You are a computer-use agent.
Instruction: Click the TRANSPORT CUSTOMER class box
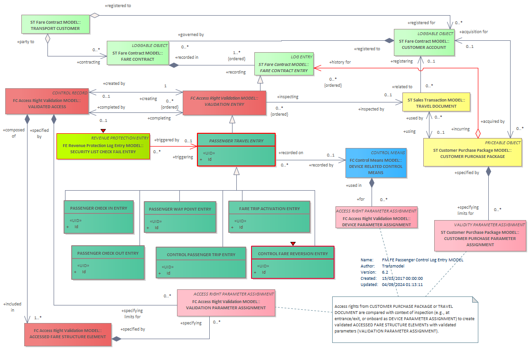[x=56, y=24]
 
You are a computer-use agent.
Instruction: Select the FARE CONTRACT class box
[x=138, y=53]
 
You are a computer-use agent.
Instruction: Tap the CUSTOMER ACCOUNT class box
[x=424, y=43]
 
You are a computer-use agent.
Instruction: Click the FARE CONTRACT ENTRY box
[x=284, y=64]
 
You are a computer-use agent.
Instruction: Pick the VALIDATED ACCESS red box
[x=47, y=102]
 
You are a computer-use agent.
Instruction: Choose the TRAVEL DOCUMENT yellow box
[x=436, y=102]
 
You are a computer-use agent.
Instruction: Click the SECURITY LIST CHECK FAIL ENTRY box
[x=103, y=147]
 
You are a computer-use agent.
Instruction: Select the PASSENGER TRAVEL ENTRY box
[x=236, y=150]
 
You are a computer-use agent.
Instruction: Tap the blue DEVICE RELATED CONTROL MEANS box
[x=376, y=163]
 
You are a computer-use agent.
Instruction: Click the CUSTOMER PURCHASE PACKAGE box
[x=473, y=153]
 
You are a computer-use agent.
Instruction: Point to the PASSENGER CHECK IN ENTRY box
[x=99, y=217]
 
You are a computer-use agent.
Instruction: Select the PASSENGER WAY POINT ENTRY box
[x=180, y=217]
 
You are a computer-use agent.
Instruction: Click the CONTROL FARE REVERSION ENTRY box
[x=293, y=263]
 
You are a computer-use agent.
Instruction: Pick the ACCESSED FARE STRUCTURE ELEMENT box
[x=68, y=334]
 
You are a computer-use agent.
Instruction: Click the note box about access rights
[x=405, y=320]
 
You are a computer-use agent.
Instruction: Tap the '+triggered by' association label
[x=167, y=140]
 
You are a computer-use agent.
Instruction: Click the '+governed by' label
[x=191, y=35]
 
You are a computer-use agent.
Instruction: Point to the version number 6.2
[x=385, y=272]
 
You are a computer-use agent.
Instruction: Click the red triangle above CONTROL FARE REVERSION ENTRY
[x=293, y=244]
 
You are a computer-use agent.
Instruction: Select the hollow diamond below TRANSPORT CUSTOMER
[x=48, y=38]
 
